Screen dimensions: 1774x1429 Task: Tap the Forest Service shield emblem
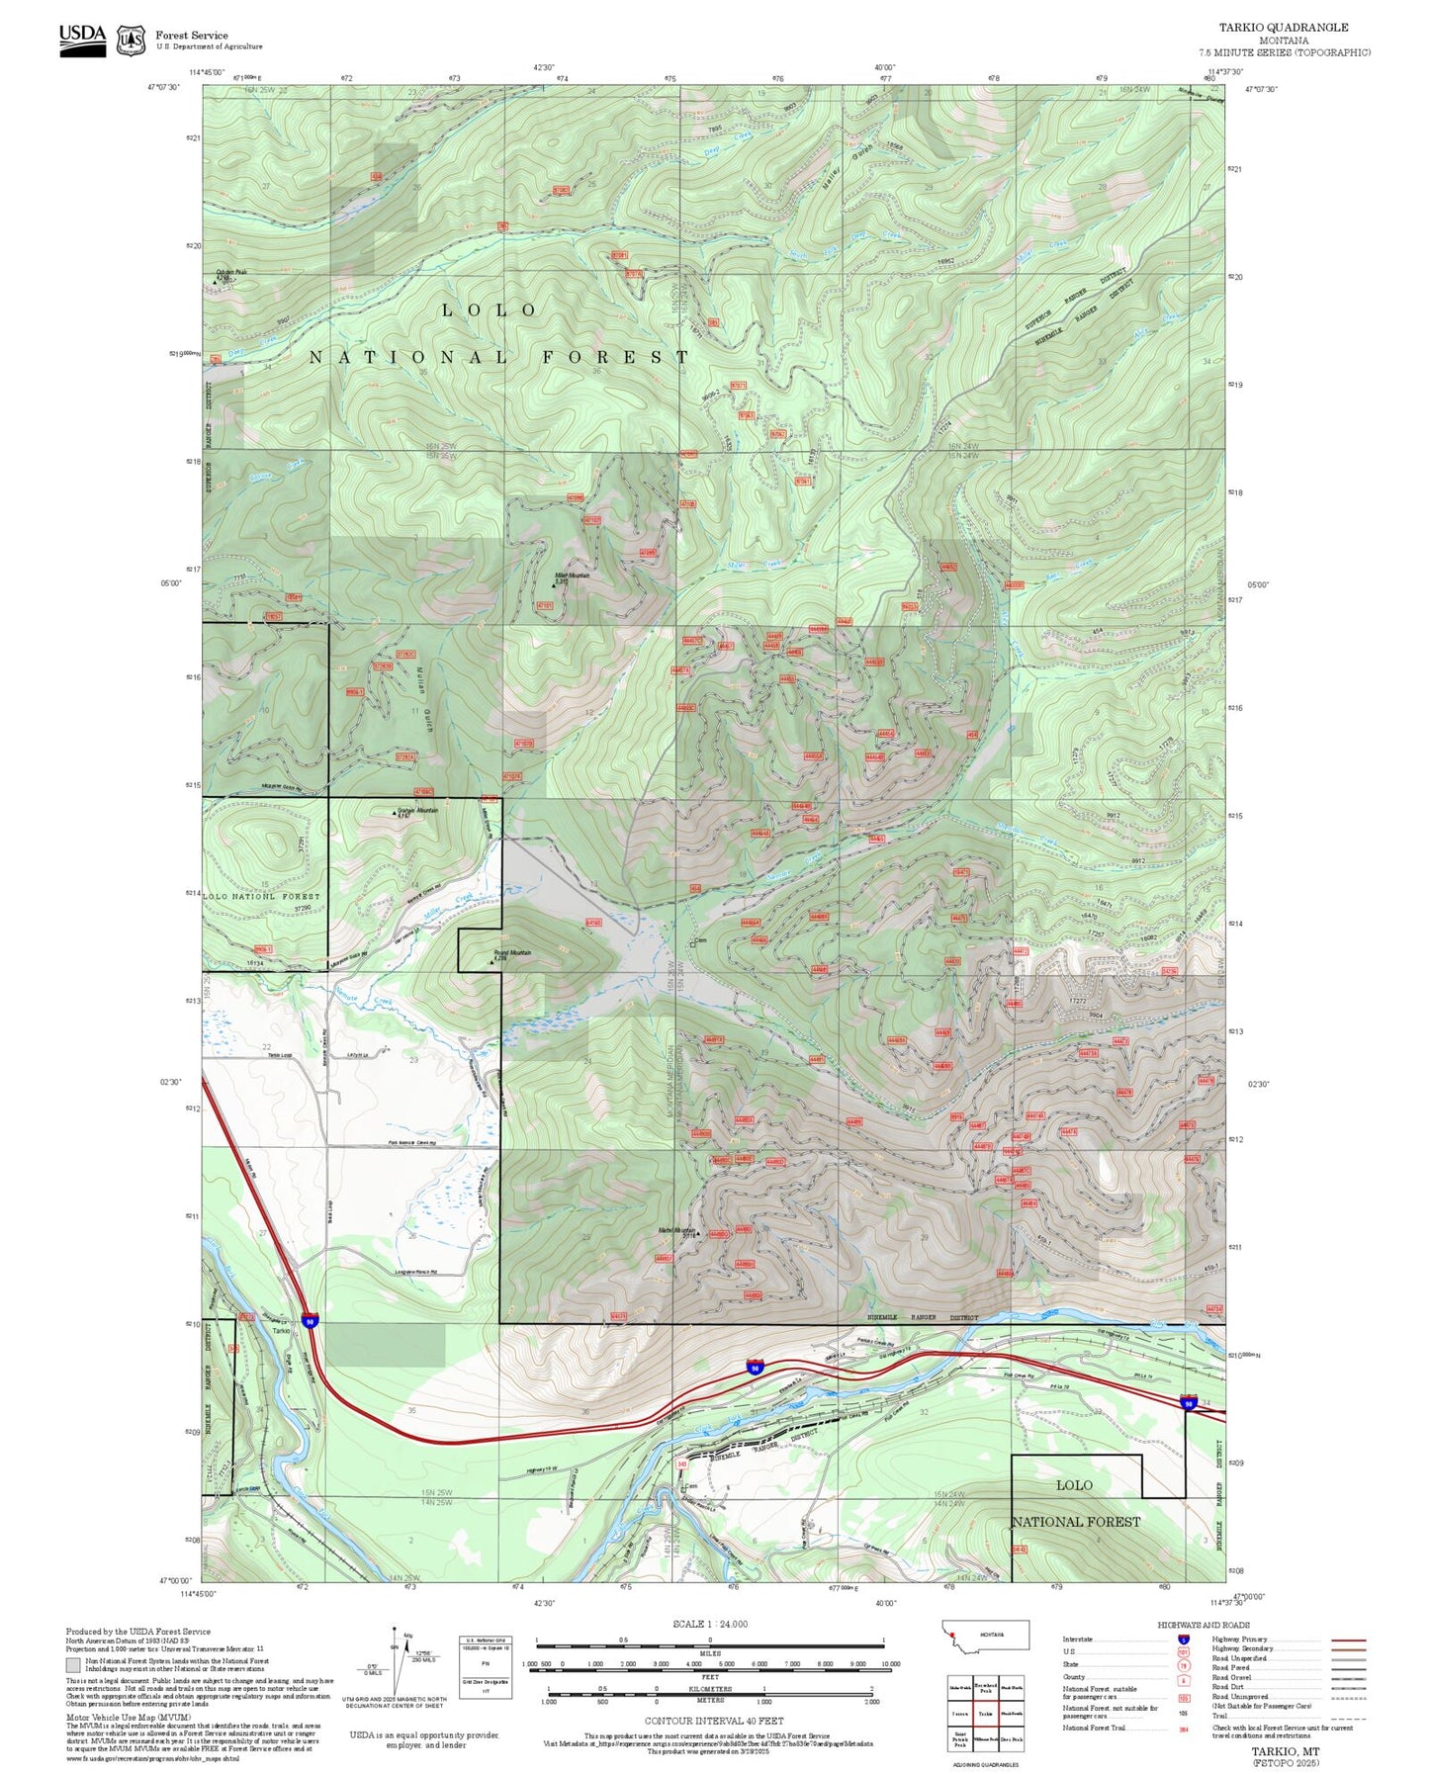tap(131, 41)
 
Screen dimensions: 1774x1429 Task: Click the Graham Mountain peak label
tap(416, 810)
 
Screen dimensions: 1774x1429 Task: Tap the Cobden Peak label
tap(230, 273)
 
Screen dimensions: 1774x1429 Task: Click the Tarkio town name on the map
tap(281, 1330)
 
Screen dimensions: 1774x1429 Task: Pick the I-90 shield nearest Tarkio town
tap(311, 1321)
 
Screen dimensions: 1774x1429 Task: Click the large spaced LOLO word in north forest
tap(490, 310)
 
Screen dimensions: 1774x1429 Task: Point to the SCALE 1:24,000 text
tap(710, 1624)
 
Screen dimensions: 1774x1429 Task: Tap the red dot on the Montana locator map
tap(951, 1647)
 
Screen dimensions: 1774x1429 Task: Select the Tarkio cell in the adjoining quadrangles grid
tap(985, 1713)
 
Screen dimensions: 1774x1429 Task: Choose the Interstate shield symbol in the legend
tap(1183, 1639)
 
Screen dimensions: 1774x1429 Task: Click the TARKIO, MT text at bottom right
tap(1285, 1750)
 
